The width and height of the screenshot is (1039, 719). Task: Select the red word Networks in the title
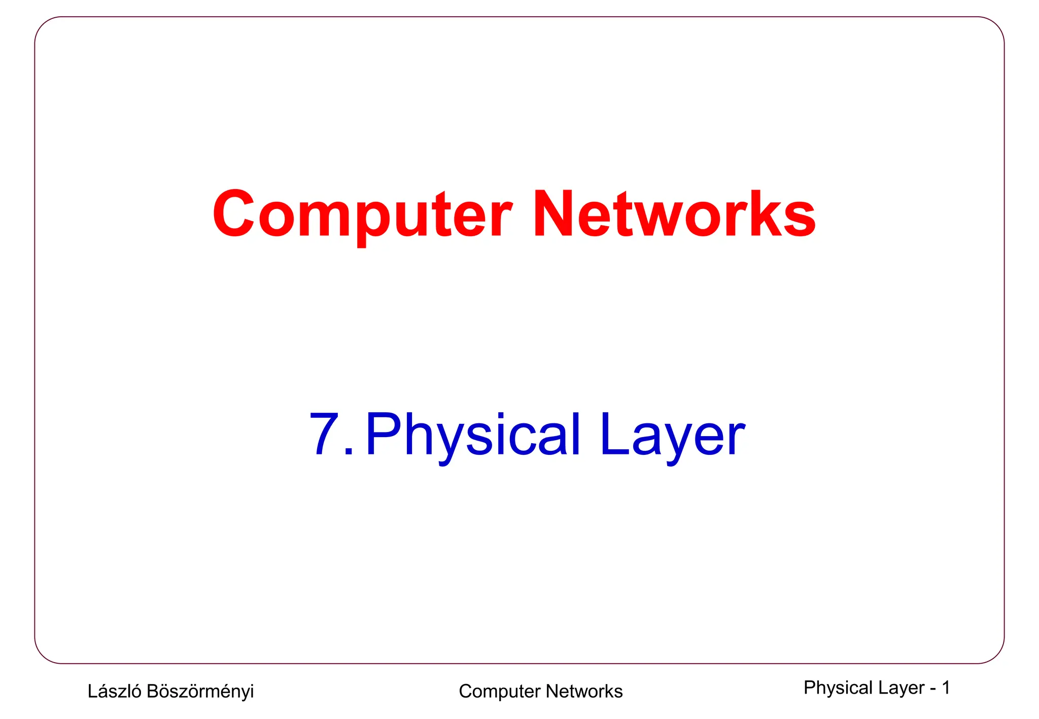pos(674,214)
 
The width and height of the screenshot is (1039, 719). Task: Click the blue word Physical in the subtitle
pos(472,435)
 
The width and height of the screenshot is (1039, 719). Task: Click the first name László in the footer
pos(114,691)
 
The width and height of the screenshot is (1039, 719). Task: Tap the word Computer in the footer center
pos(499,692)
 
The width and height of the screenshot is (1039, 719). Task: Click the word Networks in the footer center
pos(584,691)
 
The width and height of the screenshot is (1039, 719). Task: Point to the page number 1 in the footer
pos(946,688)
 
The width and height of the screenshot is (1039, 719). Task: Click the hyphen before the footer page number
pos(933,689)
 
